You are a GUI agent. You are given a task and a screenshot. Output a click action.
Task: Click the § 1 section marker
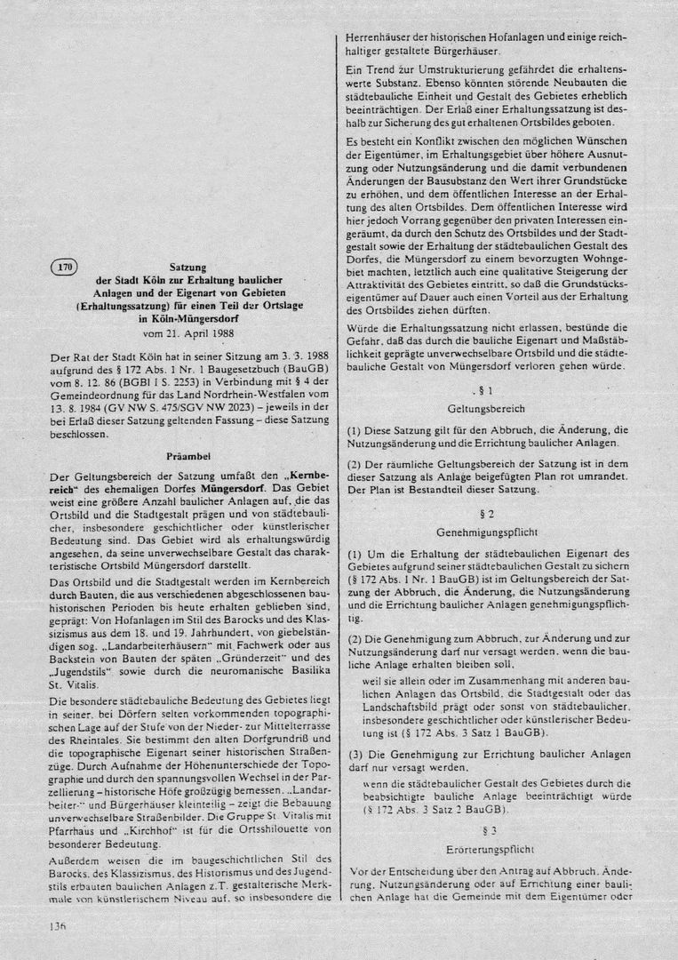click(485, 391)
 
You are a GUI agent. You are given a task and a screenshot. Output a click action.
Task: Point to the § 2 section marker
click(485, 514)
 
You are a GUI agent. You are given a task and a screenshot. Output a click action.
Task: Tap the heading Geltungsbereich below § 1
click(485, 409)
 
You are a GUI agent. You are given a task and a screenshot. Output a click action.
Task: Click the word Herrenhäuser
click(380, 38)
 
